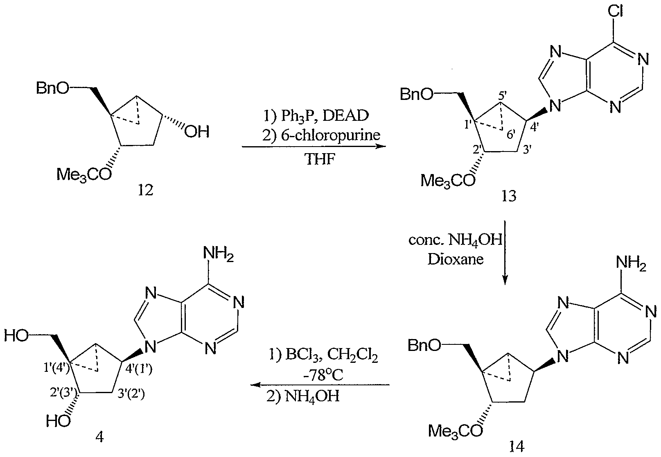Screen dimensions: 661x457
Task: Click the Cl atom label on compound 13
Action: tap(615, 11)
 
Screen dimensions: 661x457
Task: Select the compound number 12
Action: tap(145, 190)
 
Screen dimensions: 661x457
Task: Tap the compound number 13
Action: tap(509, 196)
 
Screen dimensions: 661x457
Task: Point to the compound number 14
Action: tap(517, 446)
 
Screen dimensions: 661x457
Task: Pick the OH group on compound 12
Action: tap(197, 132)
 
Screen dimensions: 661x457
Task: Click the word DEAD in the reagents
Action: tap(346, 115)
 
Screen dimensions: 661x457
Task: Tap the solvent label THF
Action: tap(320, 159)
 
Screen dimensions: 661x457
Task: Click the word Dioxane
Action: tap(456, 260)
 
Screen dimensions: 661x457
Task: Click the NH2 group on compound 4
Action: tap(219, 253)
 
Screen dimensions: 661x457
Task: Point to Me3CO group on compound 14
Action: tap(456, 431)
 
